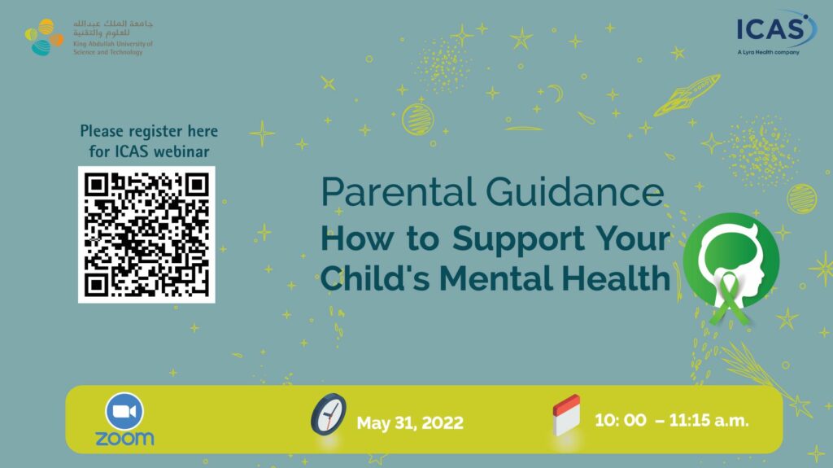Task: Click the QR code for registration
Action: coord(146,234)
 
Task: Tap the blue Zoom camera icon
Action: coord(124,411)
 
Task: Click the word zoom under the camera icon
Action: coord(124,439)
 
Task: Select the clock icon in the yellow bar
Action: coord(329,414)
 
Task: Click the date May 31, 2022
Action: coord(410,422)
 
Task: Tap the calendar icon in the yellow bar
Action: coord(566,415)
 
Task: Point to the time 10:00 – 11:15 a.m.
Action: coord(671,421)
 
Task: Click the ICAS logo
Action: coord(775,30)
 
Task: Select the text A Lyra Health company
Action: coord(768,52)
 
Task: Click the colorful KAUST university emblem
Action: coord(44,37)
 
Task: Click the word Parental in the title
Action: coord(399,192)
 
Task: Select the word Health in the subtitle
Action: coord(617,278)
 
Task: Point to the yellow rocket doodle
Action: coord(687,95)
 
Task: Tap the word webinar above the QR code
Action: coord(181,151)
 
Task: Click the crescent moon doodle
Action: coord(556,93)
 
